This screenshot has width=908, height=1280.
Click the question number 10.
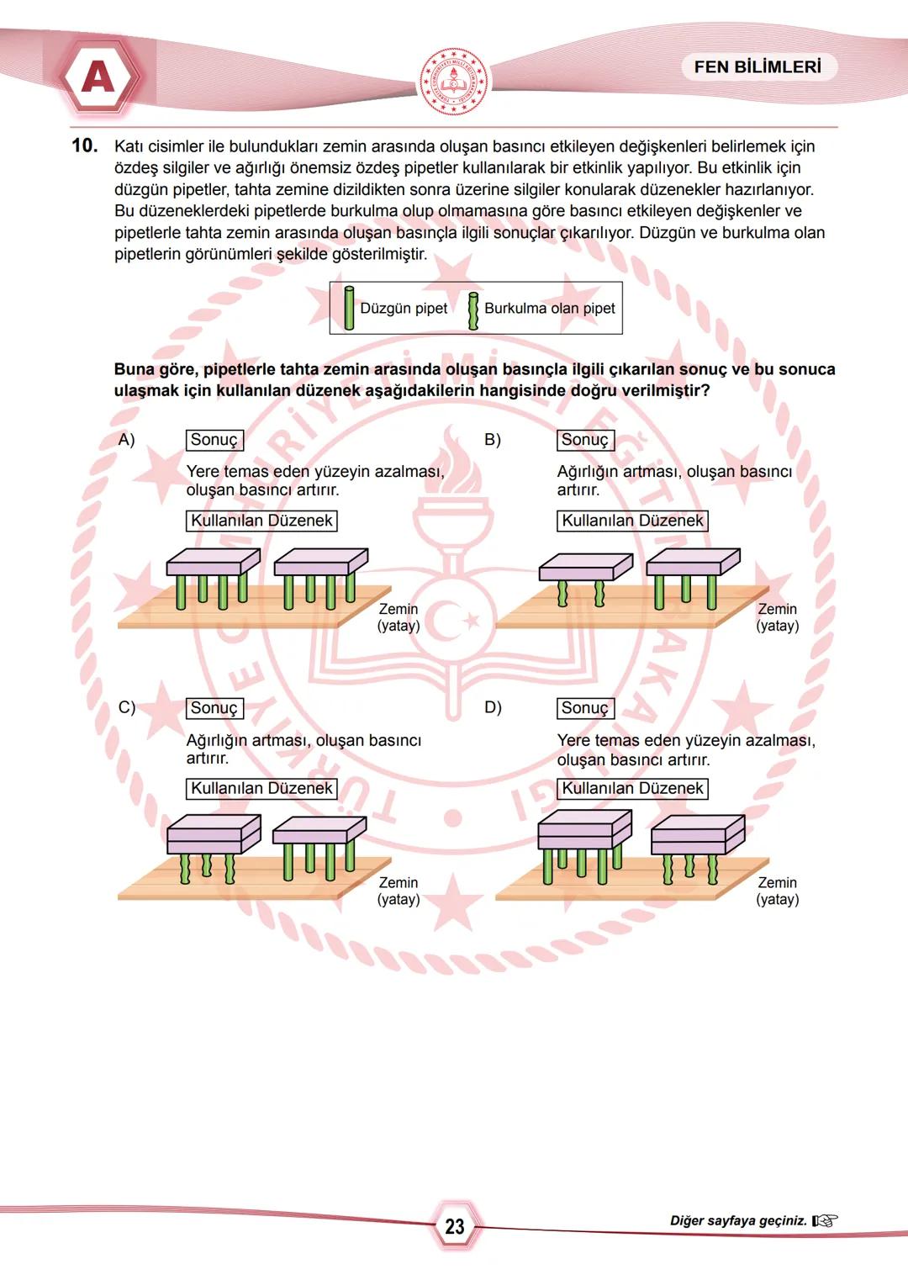click(84, 145)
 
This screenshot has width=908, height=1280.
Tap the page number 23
click(455, 1226)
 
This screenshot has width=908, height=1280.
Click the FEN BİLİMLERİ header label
click(758, 67)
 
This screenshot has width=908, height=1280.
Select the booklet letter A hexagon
click(98, 78)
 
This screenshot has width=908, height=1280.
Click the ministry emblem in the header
click(454, 82)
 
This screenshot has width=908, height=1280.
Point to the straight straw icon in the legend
click(349, 308)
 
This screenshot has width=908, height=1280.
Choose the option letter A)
click(127, 440)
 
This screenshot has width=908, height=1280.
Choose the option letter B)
click(493, 440)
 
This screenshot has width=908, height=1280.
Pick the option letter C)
click(127, 707)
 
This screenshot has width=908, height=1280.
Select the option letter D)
click(494, 707)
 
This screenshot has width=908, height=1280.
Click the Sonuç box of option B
click(585, 440)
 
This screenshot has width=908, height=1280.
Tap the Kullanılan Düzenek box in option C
click(261, 788)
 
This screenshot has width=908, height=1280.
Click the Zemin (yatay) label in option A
click(399, 617)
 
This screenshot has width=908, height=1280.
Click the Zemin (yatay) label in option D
click(777, 891)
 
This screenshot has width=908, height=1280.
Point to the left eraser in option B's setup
click(586, 568)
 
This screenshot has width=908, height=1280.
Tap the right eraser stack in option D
click(698, 834)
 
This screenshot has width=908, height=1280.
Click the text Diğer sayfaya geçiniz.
click(738, 1220)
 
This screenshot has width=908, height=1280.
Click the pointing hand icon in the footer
click(825, 1220)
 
